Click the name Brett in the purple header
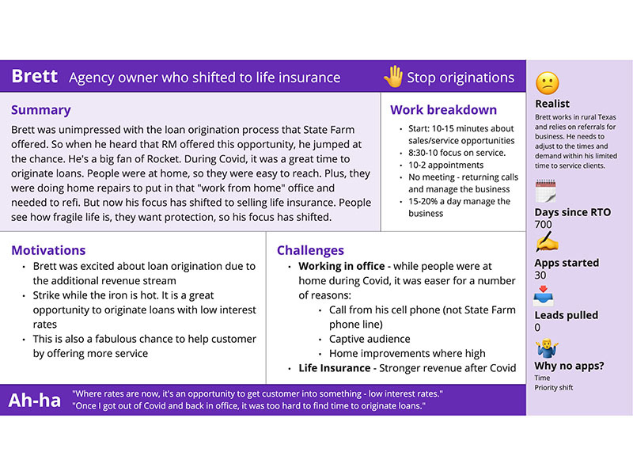click(x=35, y=77)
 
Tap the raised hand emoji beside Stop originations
click(x=393, y=77)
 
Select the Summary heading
click(x=41, y=110)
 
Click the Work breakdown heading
click(x=444, y=110)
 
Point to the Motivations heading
click(x=48, y=250)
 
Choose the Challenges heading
click(x=310, y=250)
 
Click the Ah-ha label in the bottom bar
click(x=35, y=401)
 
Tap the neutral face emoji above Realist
click(x=547, y=83)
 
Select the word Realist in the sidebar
click(x=552, y=104)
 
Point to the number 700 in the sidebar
click(x=544, y=225)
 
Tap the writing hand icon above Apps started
click(x=546, y=243)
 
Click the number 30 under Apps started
click(x=540, y=275)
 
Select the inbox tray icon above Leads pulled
click(x=544, y=298)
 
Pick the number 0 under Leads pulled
click(x=538, y=327)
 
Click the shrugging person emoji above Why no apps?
click(x=545, y=348)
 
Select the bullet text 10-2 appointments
click(x=445, y=165)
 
